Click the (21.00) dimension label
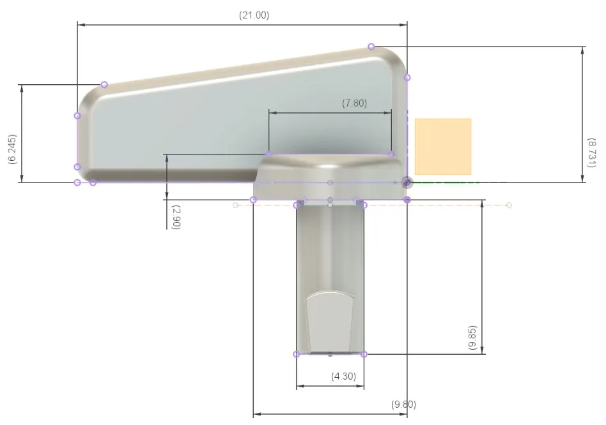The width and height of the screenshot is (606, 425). point(254,15)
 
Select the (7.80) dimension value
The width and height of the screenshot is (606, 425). point(354,103)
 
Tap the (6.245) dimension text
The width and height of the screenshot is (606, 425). point(12,149)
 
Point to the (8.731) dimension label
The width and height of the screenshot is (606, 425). point(591,153)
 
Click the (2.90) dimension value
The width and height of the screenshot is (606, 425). point(176,217)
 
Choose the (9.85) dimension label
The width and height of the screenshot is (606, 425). point(472,338)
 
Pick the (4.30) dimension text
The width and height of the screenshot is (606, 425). point(343,376)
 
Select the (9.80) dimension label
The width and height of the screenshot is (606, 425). point(403,404)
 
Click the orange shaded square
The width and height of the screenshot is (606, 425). point(443,147)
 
